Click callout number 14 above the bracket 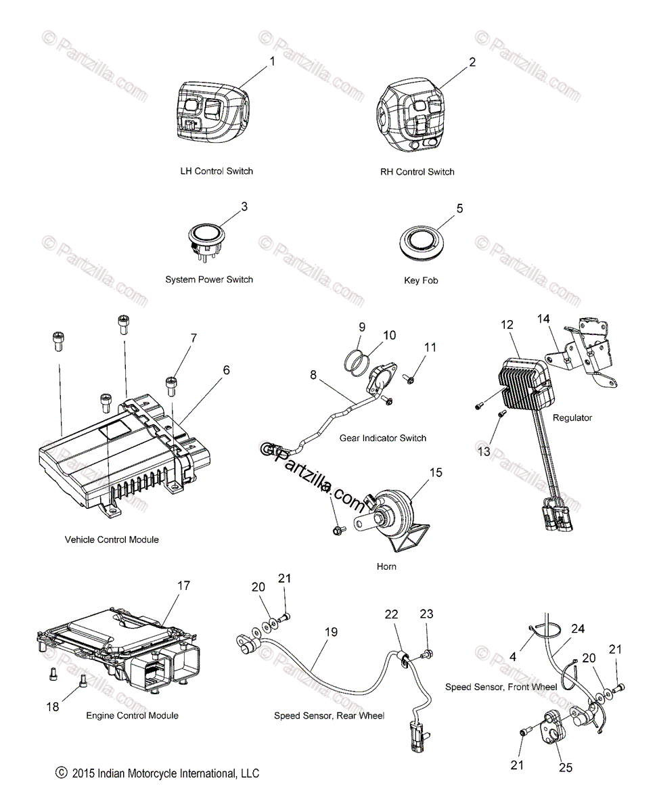pos(543,318)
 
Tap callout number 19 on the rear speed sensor pos(331,633)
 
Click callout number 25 pos(566,767)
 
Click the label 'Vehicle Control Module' pos(112,539)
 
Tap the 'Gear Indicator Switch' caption pos(383,438)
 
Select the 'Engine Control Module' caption pos(133,715)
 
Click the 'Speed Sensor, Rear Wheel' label pos(329,715)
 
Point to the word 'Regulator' pos(572,418)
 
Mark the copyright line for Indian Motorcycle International pos(158,773)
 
